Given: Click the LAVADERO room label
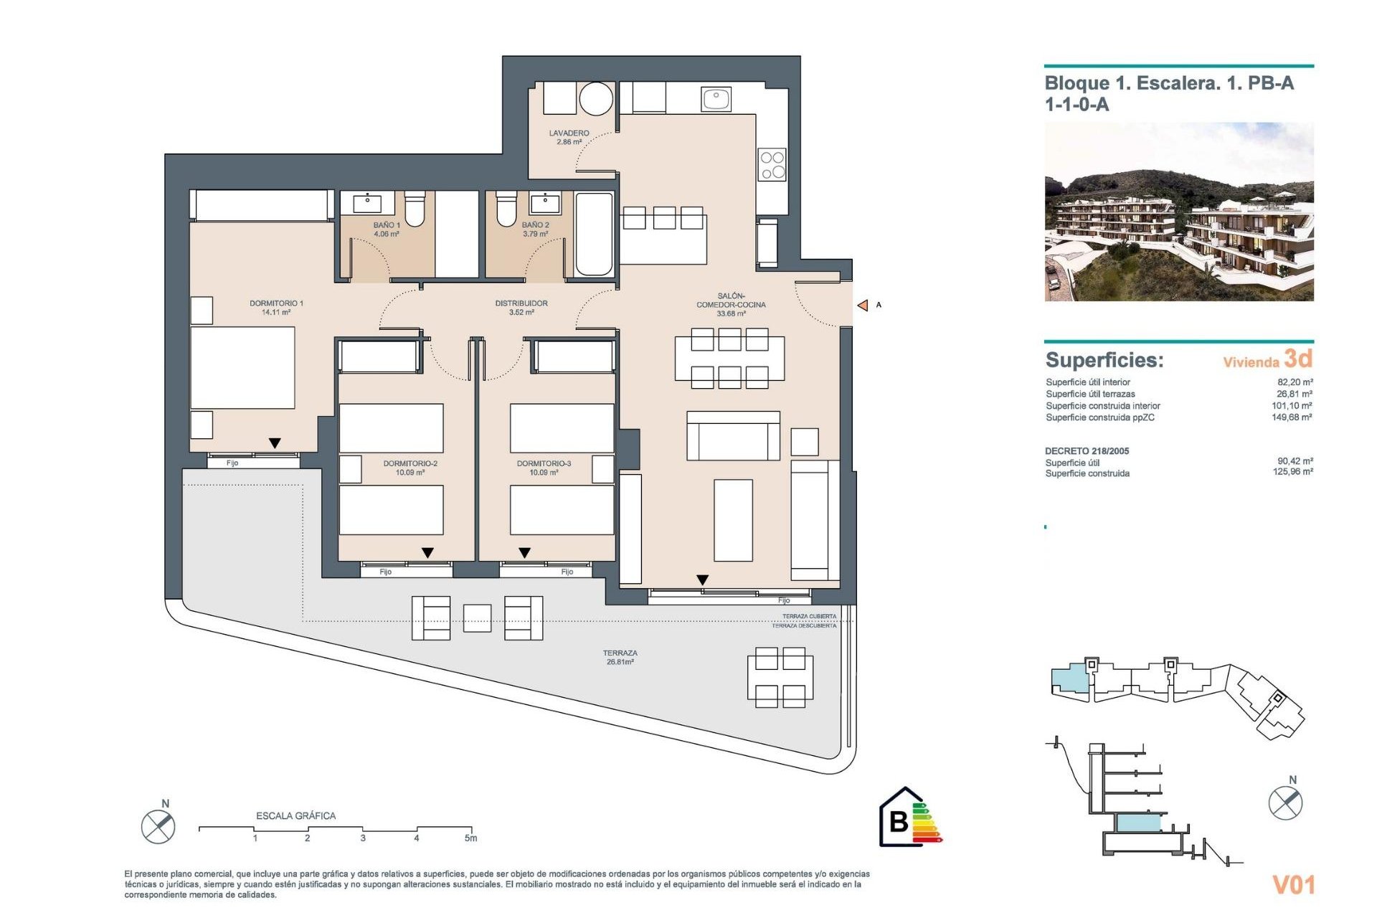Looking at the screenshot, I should coord(569,137).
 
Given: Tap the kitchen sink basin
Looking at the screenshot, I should coord(716,98).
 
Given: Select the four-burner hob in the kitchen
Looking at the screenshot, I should coord(772,165).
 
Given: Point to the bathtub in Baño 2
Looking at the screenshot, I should coord(594,234).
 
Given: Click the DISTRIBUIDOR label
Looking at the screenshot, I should coord(521,307).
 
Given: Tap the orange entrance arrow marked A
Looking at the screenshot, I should coord(863,306).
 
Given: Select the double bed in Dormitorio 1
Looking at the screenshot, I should coord(242,368).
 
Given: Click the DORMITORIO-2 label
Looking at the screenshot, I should coord(410,468).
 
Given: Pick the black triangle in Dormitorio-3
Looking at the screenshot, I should coord(525,553).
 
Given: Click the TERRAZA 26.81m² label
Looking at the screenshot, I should coord(620,657).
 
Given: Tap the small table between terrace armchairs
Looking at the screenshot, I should coord(477,618).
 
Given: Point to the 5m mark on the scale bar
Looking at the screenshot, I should coord(470,836).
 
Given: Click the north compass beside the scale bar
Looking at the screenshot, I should coord(158,826).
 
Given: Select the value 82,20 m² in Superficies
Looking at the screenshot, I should coord(1295,382).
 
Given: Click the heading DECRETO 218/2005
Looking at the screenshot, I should coord(1087,451).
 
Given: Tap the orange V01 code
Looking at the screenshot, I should coord(1293,885).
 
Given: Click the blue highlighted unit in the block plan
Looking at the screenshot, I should coord(1070,678).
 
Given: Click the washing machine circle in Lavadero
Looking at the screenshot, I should coord(596,98).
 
